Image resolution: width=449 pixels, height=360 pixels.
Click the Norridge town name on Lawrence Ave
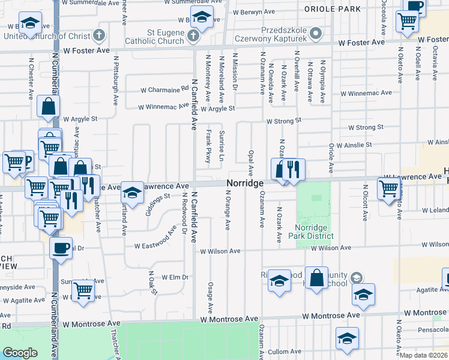[246, 182]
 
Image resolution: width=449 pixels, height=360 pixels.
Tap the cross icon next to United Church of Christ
[99, 35]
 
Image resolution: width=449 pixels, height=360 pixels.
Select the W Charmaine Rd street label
[164, 90]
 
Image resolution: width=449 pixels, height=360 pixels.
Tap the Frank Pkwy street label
[208, 146]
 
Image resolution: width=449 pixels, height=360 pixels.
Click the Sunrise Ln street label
[221, 145]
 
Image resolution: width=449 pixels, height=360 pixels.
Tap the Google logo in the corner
[20, 353]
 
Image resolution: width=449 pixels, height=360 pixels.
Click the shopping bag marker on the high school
[316, 278]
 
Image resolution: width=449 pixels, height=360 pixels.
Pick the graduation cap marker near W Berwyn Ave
[202, 18]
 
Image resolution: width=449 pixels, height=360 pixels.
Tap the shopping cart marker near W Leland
[389, 188]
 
